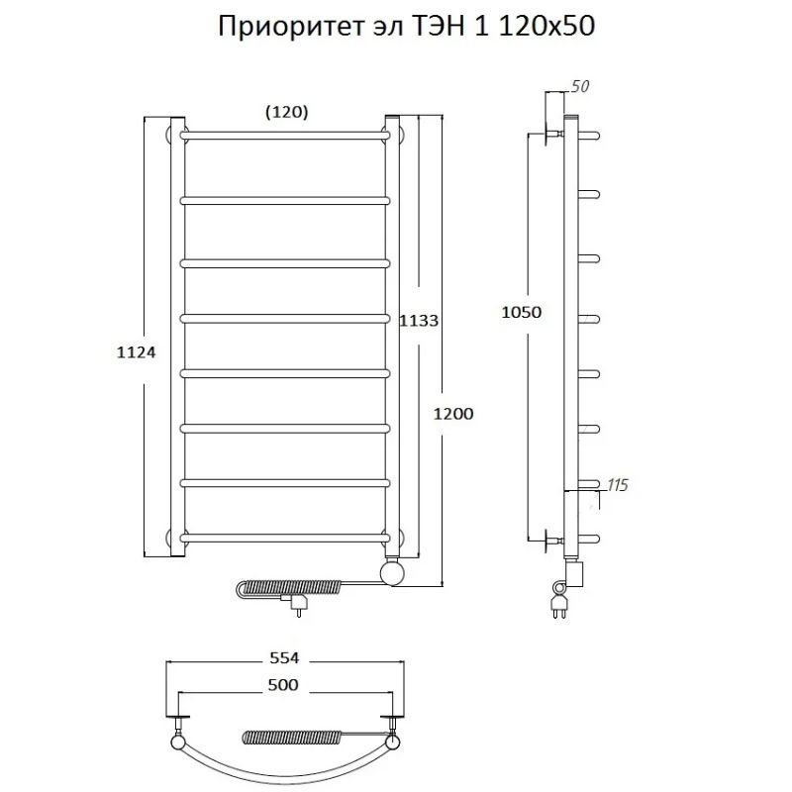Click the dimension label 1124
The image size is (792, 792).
click(138, 351)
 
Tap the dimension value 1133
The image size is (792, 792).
click(419, 321)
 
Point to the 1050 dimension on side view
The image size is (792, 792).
click(522, 312)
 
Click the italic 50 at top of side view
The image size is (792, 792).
click(580, 87)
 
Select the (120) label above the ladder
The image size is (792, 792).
click(287, 112)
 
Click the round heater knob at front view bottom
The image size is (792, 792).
click(394, 573)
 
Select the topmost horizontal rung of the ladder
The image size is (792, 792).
click(285, 134)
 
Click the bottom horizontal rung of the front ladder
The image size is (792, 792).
click(285, 538)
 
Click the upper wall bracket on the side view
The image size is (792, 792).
click(550, 133)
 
